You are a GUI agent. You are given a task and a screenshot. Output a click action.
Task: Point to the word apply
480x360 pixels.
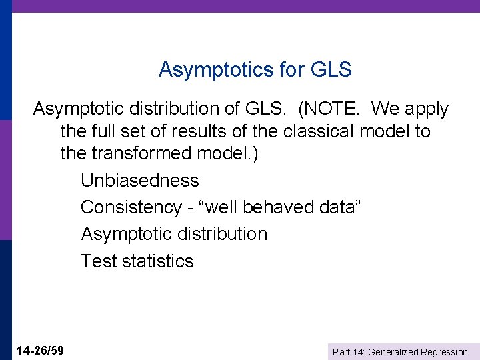click(x=425, y=109)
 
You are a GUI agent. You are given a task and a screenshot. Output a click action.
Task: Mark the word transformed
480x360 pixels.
click(x=144, y=153)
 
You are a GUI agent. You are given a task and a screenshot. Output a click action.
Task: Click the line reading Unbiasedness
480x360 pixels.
click(x=140, y=181)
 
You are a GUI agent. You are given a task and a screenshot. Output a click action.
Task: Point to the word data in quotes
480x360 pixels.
click(x=339, y=207)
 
